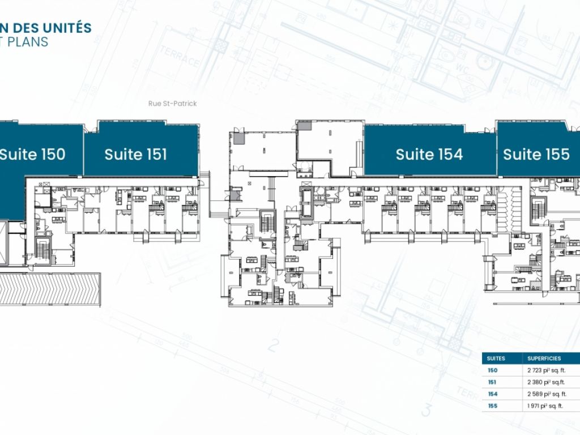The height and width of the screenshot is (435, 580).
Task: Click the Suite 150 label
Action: (32, 154)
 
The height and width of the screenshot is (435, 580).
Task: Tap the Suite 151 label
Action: (136, 154)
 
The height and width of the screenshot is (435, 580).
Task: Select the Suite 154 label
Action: (429, 154)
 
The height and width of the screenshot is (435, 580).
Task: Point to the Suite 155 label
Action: (536, 154)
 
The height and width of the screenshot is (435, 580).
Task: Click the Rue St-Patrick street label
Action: (168, 104)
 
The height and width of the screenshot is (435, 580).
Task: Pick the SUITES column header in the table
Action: (496, 359)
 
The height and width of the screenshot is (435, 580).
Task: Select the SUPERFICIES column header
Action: (544, 359)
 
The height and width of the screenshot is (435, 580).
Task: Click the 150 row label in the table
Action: (492, 370)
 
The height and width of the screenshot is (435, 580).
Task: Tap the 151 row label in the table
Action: (492, 382)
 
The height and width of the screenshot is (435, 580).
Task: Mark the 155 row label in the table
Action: (492, 406)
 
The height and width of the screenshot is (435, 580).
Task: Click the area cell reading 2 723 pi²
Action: (547, 370)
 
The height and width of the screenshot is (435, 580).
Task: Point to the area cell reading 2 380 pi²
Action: (547, 382)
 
